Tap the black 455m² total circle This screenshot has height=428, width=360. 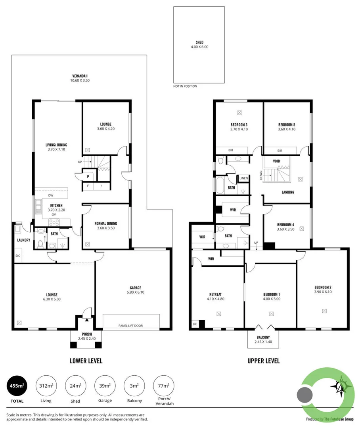[17, 385]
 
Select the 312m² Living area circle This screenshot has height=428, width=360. [46, 385]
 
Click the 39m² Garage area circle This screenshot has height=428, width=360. [105, 385]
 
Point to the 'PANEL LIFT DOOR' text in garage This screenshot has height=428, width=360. [131, 326]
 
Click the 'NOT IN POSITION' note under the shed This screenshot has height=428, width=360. [185, 86]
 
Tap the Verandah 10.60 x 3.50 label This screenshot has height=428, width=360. [80, 78]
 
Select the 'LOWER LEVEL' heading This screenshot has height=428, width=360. [86, 361]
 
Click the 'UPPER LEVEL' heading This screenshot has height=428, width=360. [263, 361]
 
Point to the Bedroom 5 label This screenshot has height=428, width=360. [286, 126]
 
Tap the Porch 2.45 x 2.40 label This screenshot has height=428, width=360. [87, 336]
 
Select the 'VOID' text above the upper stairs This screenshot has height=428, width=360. [277, 161]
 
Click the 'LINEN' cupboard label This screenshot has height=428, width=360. [243, 178]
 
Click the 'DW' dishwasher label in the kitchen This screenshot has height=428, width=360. [50, 195]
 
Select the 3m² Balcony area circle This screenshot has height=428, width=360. [134, 385]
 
